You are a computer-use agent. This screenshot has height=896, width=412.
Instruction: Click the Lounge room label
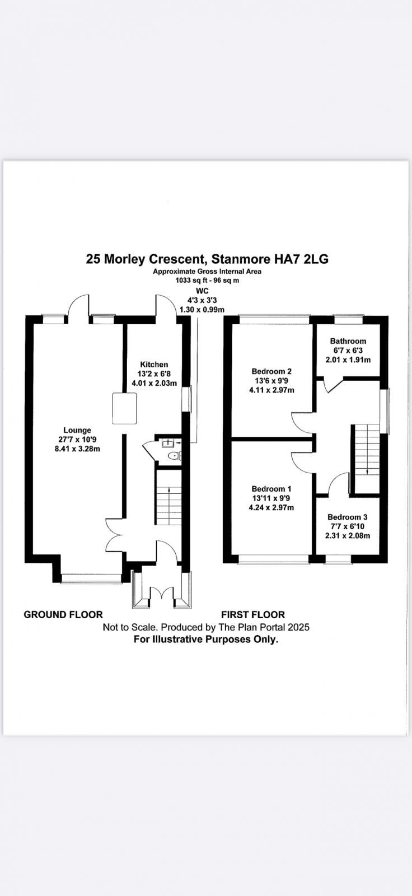click(77, 430)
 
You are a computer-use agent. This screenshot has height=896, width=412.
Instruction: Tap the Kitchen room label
click(154, 365)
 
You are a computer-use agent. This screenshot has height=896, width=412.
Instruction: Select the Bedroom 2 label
click(271, 371)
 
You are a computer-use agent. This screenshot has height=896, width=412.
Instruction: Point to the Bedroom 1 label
click(271, 489)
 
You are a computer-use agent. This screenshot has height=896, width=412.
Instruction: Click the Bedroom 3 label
click(347, 517)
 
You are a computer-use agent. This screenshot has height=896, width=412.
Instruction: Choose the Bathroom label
click(348, 341)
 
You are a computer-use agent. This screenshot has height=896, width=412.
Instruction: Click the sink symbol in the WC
click(167, 443)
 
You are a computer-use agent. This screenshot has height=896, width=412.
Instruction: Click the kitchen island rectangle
click(124, 408)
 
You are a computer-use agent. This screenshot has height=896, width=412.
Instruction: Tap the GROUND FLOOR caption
click(63, 614)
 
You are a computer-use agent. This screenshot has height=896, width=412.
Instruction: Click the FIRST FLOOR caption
click(253, 614)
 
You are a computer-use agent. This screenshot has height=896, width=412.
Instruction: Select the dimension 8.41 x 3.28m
click(77, 449)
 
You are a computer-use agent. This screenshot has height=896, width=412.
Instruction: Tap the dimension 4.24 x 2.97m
click(271, 507)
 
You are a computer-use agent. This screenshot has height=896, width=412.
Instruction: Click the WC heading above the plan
click(203, 291)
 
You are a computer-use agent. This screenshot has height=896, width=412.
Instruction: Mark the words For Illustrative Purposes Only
click(206, 639)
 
